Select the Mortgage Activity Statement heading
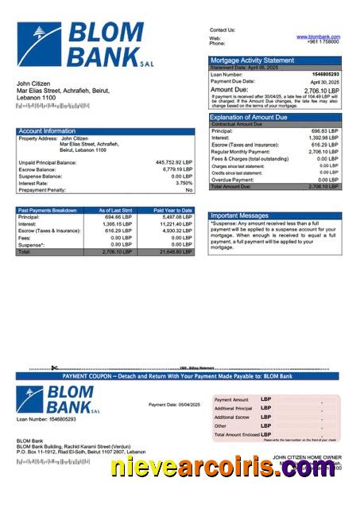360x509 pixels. [x=252, y=60]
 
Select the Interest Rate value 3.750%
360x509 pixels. [x=181, y=183]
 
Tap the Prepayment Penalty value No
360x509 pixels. [x=188, y=190]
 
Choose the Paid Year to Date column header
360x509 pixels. [x=172, y=210]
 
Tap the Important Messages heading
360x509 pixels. [x=241, y=216]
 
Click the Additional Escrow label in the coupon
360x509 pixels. [x=231, y=417]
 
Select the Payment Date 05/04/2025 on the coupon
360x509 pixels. [x=174, y=405]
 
